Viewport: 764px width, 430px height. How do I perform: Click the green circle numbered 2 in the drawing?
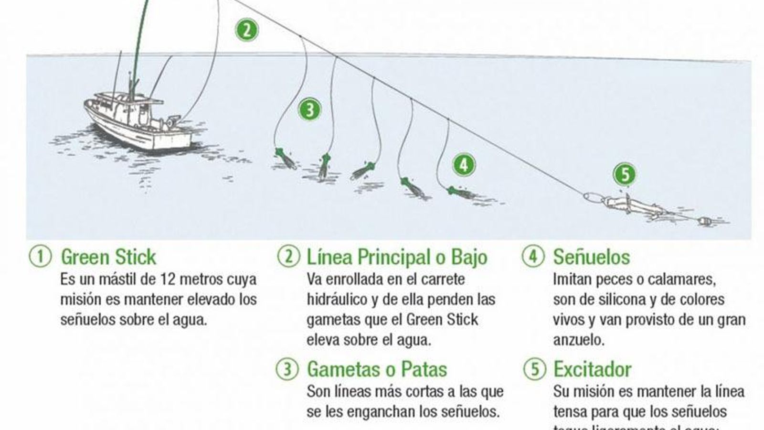[x=246, y=30]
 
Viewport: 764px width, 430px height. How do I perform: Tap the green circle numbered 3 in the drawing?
[x=309, y=109]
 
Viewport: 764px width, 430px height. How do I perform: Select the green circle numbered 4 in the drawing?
[x=464, y=165]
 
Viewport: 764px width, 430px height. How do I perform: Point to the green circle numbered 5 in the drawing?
[x=625, y=174]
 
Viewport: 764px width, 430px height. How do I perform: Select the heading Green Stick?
[x=108, y=257]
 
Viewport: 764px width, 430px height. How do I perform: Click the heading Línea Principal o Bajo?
[x=397, y=257]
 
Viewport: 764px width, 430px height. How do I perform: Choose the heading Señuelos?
[x=591, y=257]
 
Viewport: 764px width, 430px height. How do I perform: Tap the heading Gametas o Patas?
[x=377, y=369]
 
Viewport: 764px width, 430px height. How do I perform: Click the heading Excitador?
[x=592, y=369]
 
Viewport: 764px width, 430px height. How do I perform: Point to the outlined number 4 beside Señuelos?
[x=533, y=257]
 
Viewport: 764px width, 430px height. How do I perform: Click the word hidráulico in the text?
[x=337, y=300]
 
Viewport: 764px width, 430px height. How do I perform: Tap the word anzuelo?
[x=578, y=340]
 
